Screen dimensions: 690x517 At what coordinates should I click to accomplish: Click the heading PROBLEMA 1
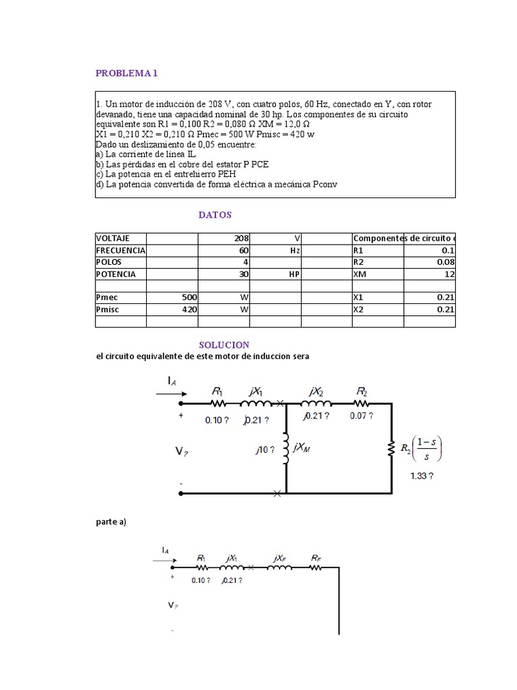coord(127,73)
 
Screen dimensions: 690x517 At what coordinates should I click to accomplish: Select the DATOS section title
coord(215,214)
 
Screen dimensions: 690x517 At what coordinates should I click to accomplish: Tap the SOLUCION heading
coord(224,344)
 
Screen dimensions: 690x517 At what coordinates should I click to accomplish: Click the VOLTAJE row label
coord(112,239)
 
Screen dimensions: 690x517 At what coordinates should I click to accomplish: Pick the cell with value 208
coord(242,239)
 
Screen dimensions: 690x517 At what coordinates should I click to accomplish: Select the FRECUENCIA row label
coord(120,250)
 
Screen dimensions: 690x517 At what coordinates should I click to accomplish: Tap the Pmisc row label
coord(108,309)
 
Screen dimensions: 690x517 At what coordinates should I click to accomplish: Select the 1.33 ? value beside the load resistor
coord(421,474)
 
